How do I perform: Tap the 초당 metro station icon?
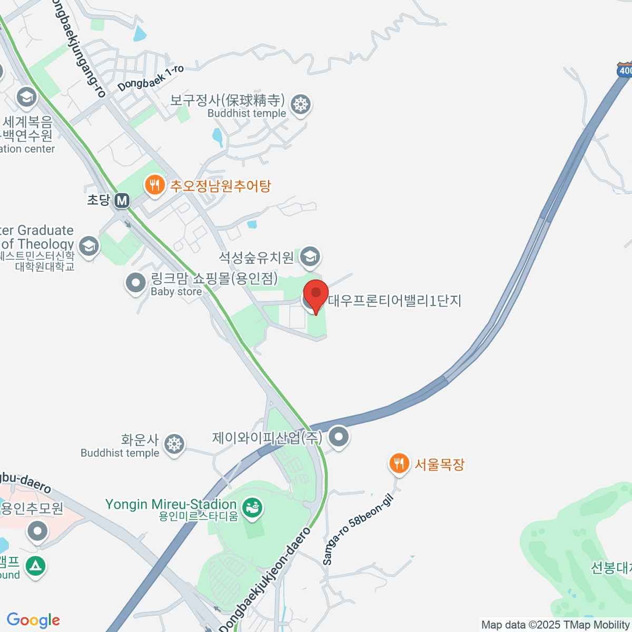122,201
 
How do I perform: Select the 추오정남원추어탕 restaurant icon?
154,186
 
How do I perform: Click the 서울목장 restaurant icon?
399,464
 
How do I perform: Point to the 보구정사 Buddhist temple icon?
301,104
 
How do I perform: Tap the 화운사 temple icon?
173,444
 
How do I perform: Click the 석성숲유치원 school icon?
310,257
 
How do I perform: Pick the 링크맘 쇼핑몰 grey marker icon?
136,283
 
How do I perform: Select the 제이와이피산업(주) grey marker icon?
339,437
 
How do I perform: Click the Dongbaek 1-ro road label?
151,78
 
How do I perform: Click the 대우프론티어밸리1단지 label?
394,301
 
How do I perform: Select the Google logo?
33,620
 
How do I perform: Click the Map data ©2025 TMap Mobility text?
555,625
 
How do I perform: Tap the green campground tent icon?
35,567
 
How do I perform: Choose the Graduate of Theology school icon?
88,246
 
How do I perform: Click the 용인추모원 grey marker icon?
37,532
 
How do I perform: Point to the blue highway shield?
625,71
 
